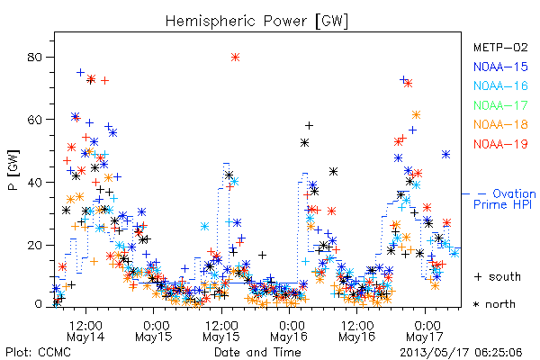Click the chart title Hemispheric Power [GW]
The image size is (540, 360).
click(x=256, y=21)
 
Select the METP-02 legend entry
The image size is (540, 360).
click(x=500, y=47)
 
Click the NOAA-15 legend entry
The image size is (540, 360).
click(x=500, y=67)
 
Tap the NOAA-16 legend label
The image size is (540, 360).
click(x=500, y=85)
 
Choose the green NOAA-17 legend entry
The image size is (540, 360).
click(x=500, y=105)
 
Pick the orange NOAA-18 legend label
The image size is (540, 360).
click(x=500, y=124)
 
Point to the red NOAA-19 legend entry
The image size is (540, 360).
click(x=500, y=144)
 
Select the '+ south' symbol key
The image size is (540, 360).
click(x=498, y=276)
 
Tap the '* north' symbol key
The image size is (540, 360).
click(x=494, y=304)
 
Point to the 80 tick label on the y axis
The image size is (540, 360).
click(x=35, y=57)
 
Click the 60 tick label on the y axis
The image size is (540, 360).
click(x=35, y=120)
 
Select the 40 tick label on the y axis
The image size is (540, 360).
click(x=35, y=182)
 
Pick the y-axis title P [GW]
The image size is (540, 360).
click(x=13, y=170)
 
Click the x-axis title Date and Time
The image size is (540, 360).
click(x=257, y=352)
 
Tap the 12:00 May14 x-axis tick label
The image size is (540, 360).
click(x=85, y=330)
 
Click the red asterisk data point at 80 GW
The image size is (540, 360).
click(x=235, y=58)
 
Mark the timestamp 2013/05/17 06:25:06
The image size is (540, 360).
click(x=461, y=353)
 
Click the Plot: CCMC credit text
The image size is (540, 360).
click(x=38, y=352)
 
